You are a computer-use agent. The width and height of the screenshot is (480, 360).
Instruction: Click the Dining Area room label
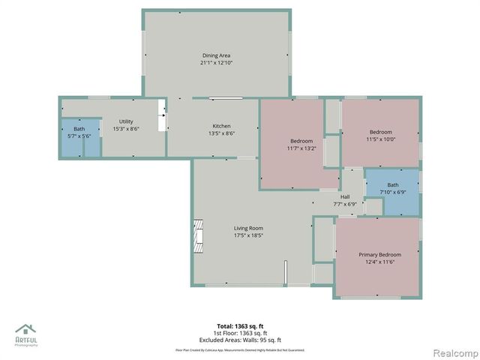(x=215, y=55)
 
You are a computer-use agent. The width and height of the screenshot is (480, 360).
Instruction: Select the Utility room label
(x=126, y=121)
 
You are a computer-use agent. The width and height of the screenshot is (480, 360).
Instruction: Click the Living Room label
(x=248, y=228)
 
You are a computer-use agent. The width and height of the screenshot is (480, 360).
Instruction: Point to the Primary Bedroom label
(x=379, y=255)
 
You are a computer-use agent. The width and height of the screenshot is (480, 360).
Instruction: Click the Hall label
(x=345, y=196)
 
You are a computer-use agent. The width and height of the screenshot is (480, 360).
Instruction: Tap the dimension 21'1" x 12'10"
(x=215, y=64)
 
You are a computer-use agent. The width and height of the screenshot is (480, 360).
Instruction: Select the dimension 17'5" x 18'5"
(x=248, y=235)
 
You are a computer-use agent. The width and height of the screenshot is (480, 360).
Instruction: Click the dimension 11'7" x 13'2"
(x=301, y=148)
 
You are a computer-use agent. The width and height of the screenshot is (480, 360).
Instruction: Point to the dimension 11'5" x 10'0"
(x=380, y=139)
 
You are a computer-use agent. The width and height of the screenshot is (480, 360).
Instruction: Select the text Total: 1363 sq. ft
(x=240, y=326)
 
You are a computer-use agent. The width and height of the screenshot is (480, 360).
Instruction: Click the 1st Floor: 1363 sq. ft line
(x=240, y=333)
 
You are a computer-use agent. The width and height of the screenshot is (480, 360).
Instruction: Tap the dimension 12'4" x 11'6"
(x=379, y=262)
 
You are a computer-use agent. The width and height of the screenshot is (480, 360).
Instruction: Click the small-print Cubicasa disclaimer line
(x=240, y=349)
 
